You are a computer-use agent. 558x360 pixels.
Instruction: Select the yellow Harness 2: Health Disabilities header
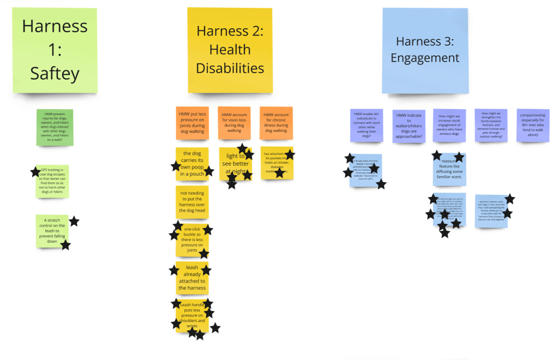pos(230,50)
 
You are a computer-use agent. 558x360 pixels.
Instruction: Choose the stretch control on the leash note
pos(52,230)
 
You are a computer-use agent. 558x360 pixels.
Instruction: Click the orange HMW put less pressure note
pos(192,123)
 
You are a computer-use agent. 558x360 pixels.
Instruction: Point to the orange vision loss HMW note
pos(234,123)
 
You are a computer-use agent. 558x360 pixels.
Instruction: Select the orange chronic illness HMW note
pos(276,123)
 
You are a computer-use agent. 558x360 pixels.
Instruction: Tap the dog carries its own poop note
pos(192,164)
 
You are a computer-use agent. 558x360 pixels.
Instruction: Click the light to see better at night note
pos(236,164)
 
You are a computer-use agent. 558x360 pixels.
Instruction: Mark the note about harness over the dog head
pos(192,202)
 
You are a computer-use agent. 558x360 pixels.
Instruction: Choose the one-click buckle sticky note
pos(192,240)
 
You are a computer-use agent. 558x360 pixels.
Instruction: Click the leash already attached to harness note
pos(192,278)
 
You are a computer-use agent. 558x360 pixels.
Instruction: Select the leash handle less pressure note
pos(192,316)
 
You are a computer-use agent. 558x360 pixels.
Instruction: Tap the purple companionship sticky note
pos(532,125)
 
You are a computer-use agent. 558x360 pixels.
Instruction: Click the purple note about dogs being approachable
pos(409,126)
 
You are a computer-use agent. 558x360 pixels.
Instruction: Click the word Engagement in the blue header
pos(424,58)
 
